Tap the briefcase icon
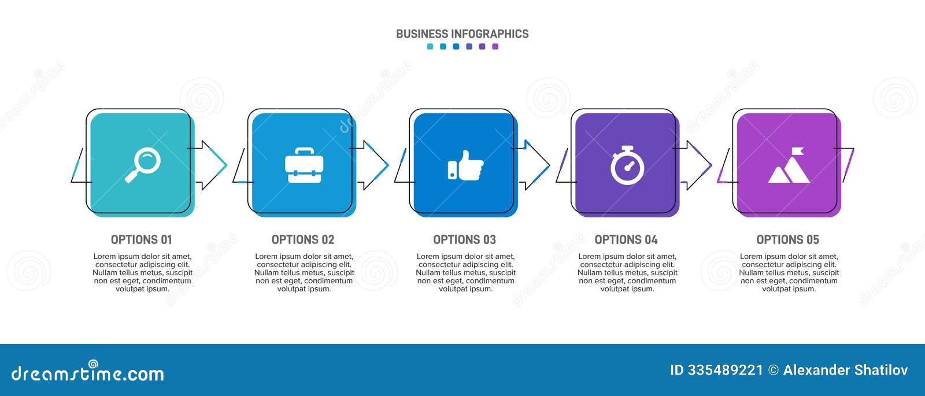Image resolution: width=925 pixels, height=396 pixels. coord(304,165)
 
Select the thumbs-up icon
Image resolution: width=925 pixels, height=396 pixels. coord(465,165)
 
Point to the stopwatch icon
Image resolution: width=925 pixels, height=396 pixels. coord(627,165)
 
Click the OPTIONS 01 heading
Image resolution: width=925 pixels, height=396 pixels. coord(142,239)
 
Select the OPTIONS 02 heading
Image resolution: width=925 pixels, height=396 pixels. coord(303,239)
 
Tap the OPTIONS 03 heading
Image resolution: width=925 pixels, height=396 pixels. coord(465,239)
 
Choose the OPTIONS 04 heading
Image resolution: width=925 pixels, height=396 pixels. coord(626,239)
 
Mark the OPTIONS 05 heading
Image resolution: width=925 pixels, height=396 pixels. coord(788,239)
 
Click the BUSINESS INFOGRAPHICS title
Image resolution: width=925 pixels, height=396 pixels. coord(462,34)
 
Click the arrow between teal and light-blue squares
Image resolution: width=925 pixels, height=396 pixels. coord(212,165)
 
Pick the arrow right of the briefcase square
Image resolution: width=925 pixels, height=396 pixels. coord(373,165)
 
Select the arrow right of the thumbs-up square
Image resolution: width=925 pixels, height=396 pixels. coord(535,165)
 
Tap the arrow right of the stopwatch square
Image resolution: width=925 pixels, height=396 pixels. coord(697,165)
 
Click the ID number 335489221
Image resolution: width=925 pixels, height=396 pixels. coord(725,370)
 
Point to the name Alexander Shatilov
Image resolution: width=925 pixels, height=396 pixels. coord(845,370)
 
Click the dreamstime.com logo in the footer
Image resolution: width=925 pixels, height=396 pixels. coord(87,373)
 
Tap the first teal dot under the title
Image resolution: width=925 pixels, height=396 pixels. coord(430,47)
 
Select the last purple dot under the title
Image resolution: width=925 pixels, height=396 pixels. coord(495,47)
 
